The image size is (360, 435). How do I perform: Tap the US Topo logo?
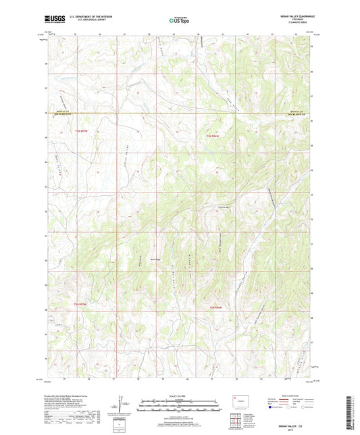pyautogui.click(x=180, y=22)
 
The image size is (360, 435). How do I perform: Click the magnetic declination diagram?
pyautogui.click(x=126, y=406)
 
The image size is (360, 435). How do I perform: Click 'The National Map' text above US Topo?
pyautogui.click(x=180, y=16)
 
